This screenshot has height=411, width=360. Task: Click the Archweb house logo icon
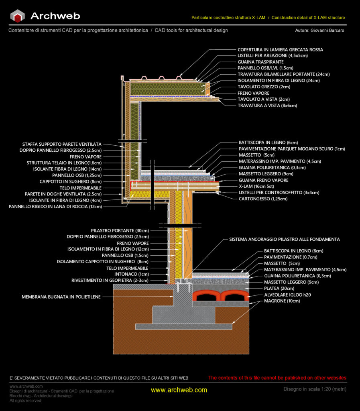pyautogui.click(x=18, y=16)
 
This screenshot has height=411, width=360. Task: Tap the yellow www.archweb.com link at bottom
pyautogui.click(x=179, y=390)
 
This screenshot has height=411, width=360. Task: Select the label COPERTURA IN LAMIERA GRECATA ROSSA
pyautogui.click(x=280, y=50)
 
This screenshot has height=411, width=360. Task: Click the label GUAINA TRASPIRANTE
pyautogui.click(x=260, y=62)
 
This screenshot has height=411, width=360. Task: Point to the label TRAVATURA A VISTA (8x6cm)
pyautogui.click(x=267, y=106)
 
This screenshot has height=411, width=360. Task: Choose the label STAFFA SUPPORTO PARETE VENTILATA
pyautogui.click(x=62, y=144)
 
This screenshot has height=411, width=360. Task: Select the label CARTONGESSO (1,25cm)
pyautogui.click(x=263, y=199)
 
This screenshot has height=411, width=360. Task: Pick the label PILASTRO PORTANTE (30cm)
pyautogui.click(x=120, y=231)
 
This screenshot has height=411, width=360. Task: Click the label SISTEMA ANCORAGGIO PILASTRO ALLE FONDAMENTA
pyautogui.click(x=284, y=239)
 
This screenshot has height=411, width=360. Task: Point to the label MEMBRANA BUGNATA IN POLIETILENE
pyautogui.click(x=61, y=297)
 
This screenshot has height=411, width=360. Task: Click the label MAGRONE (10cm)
pyautogui.click(x=281, y=301)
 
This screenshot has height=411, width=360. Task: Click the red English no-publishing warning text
pyautogui.click(x=277, y=378)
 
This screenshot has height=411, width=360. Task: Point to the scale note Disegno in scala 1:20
pyautogui.click(x=315, y=389)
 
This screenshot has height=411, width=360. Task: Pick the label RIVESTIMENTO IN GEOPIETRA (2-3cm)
pyautogui.click(x=110, y=280)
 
